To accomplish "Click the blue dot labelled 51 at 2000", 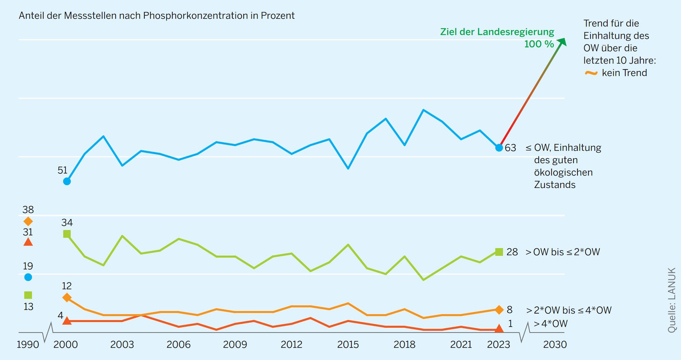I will (67, 181).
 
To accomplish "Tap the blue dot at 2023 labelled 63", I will (499, 148).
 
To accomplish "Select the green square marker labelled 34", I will (67, 234).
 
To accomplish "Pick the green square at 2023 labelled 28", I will (499, 252).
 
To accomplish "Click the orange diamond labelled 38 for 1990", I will (28, 221).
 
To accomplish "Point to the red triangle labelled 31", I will (28, 243).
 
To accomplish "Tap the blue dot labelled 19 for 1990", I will (28, 277).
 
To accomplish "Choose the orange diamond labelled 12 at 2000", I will (67, 297).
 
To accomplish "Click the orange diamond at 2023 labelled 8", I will (499, 310).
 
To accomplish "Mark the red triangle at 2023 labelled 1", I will (499, 329).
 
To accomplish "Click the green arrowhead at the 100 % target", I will (562, 42).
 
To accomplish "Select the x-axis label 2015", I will (348, 344).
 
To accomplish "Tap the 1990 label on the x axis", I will (28, 344).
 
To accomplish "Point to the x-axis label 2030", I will (555, 344).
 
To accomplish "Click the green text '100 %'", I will (539, 44).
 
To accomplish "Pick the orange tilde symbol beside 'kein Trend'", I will (591, 73).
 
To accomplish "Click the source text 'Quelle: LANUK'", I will (672, 300).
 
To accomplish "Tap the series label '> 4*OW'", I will (550, 323).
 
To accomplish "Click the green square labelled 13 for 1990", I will (28, 295).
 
